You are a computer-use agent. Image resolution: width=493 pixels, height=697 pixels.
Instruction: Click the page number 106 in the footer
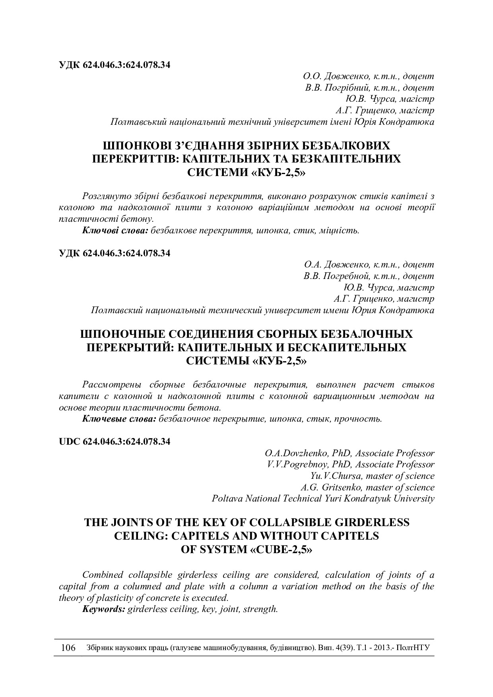click(68, 648)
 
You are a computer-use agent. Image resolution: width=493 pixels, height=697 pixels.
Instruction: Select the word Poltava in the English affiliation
click(227, 498)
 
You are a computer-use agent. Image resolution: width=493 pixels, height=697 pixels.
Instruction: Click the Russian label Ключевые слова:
click(119, 419)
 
